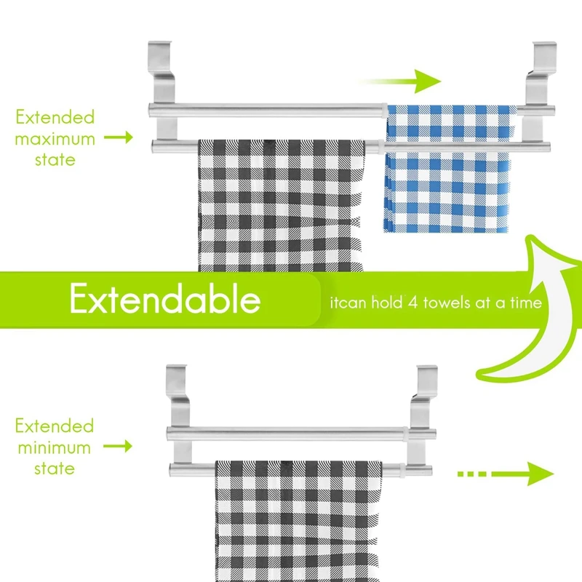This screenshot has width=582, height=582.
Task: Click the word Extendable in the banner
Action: [x=165, y=299]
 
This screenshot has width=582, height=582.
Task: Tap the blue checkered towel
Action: [x=449, y=169]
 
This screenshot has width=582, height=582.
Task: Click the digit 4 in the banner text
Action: [x=412, y=303]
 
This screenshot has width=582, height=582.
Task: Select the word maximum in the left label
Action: [x=55, y=139]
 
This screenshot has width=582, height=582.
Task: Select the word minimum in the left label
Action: [x=54, y=447]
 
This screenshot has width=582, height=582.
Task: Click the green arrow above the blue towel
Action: [x=400, y=81]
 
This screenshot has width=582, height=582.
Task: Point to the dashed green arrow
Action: [x=506, y=474]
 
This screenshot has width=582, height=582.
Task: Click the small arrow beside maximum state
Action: [x=119, y=137]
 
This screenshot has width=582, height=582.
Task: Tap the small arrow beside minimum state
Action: [x=118, y=446]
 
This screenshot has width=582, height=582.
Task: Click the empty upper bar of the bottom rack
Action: [x=301, y=434]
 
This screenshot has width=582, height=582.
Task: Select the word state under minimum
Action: [x=55, y=469]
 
